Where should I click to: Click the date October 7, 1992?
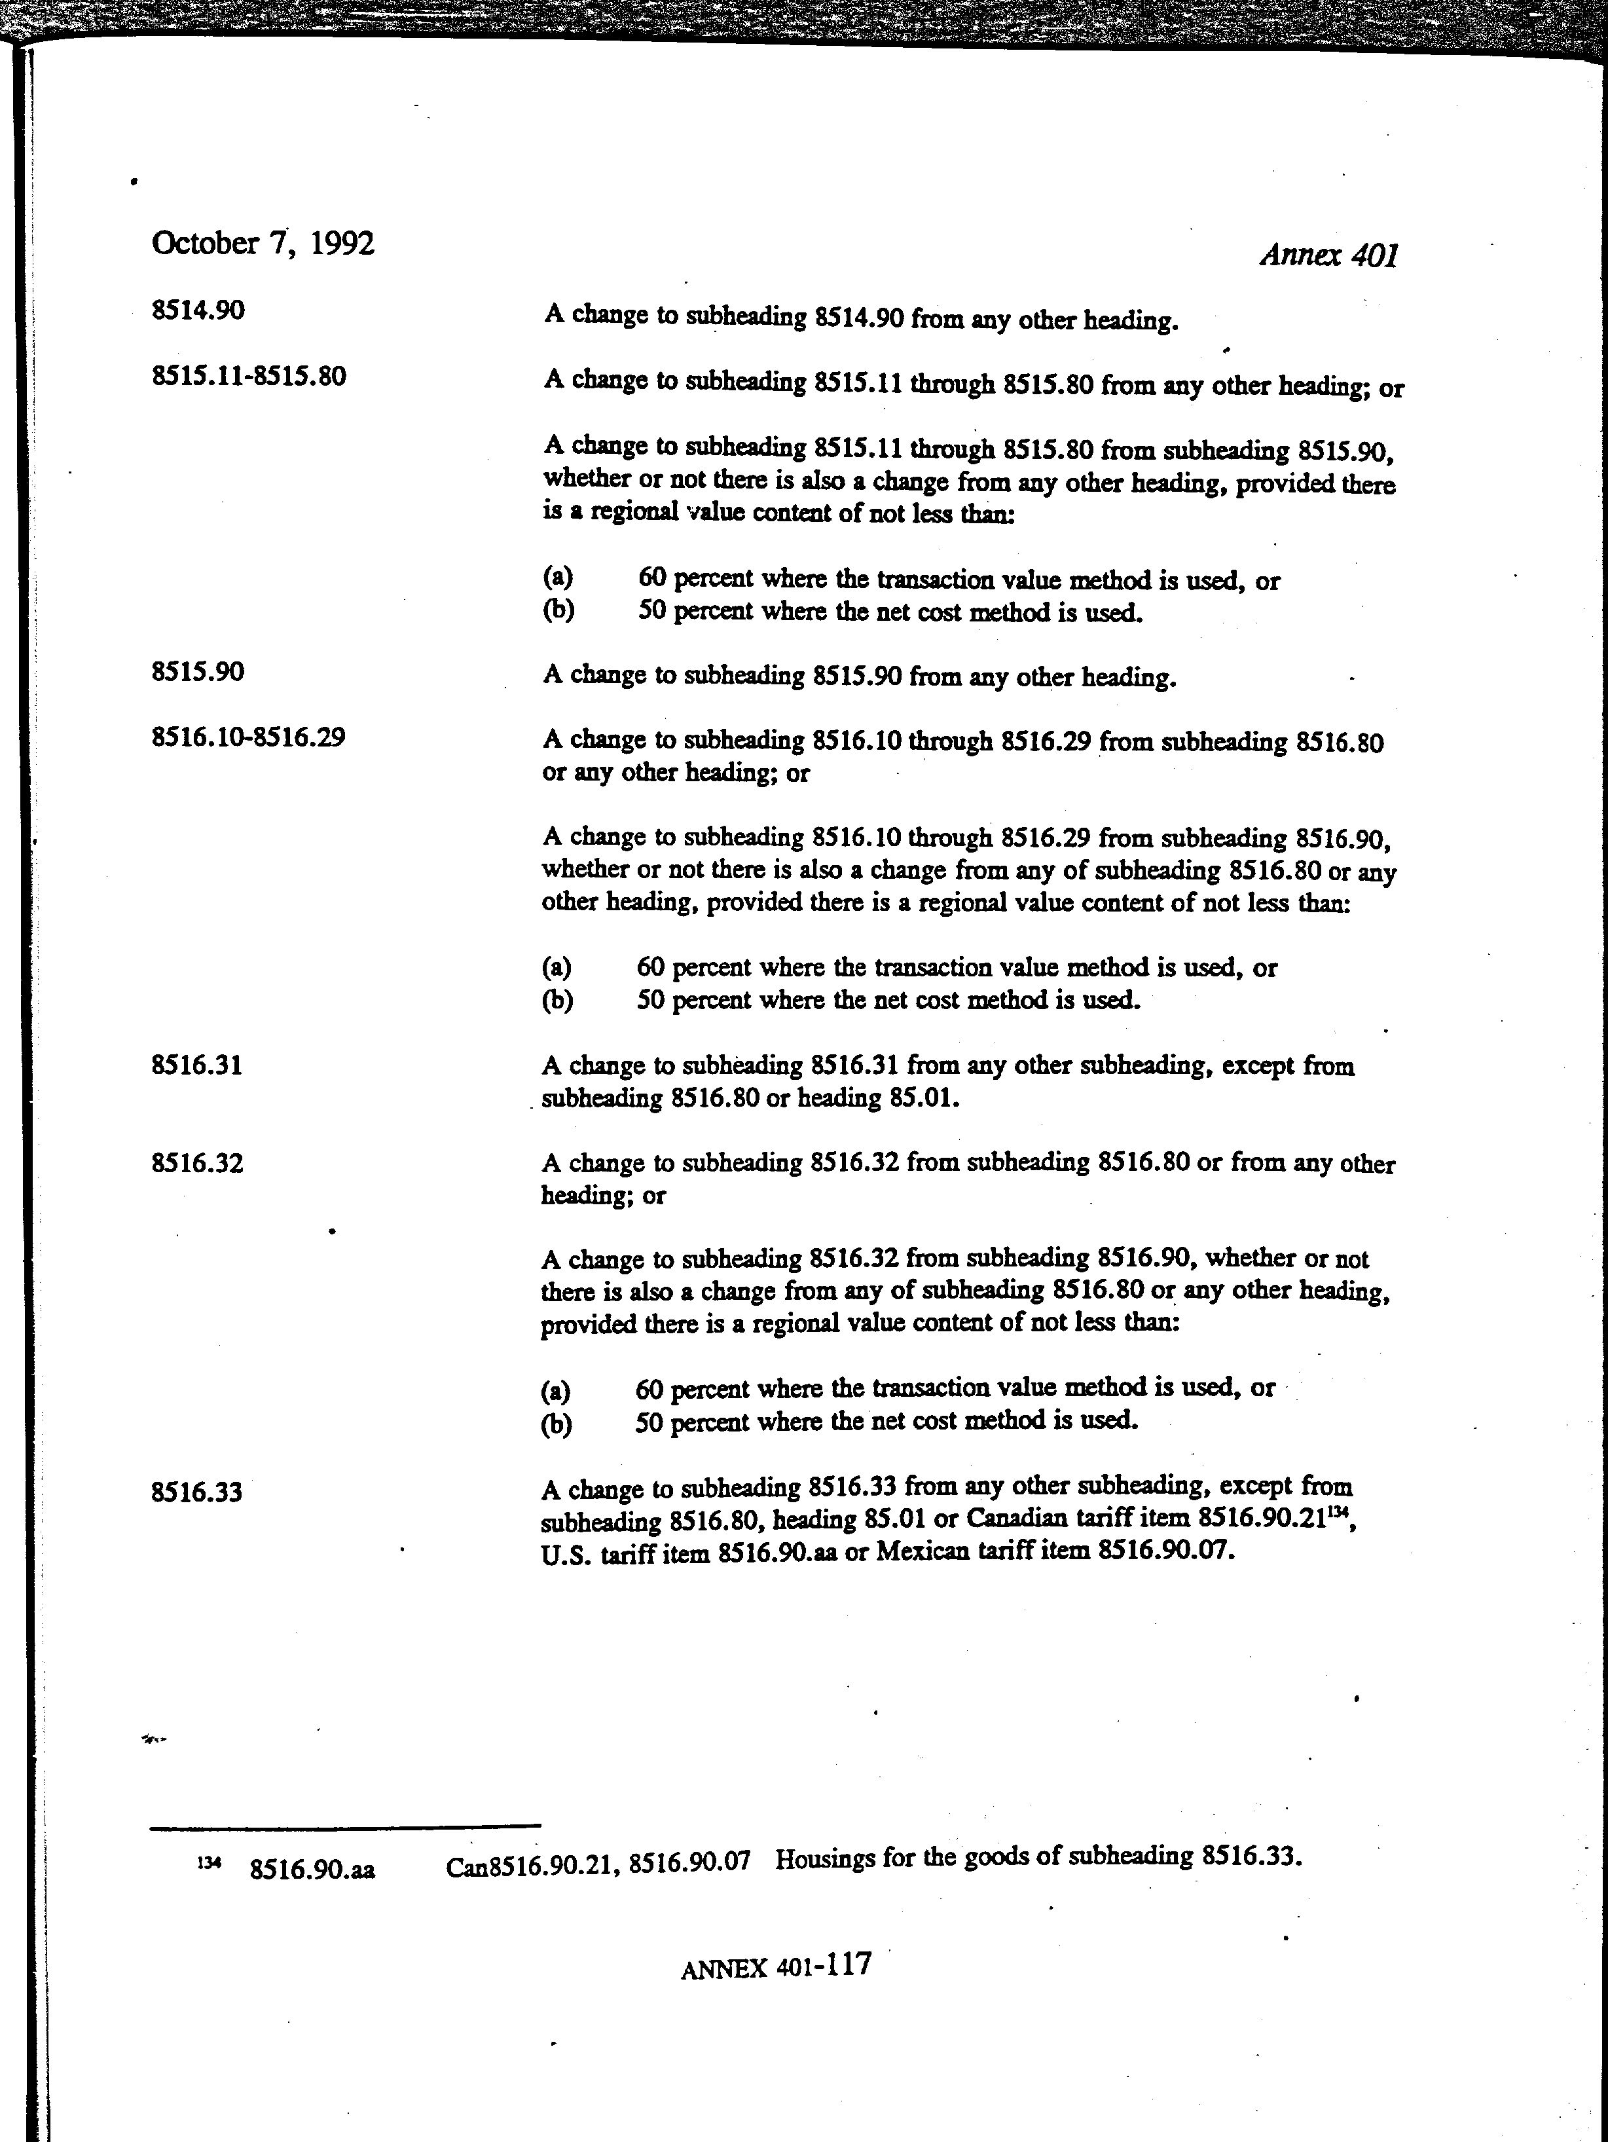click(x=263, y=243)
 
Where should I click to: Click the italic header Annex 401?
click(x=1328, y=255)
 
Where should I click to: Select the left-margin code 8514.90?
click(x=198, y=311)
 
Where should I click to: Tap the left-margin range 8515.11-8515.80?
click(x=249, y=376)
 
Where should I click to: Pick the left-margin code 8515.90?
click(x=198, y=671)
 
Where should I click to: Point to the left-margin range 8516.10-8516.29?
click(x=249, y=738)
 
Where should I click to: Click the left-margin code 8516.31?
click(x=198, y=1065)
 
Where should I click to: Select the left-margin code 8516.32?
click(x=198, y=1162)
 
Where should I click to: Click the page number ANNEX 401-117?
click(x=775, y=1967)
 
